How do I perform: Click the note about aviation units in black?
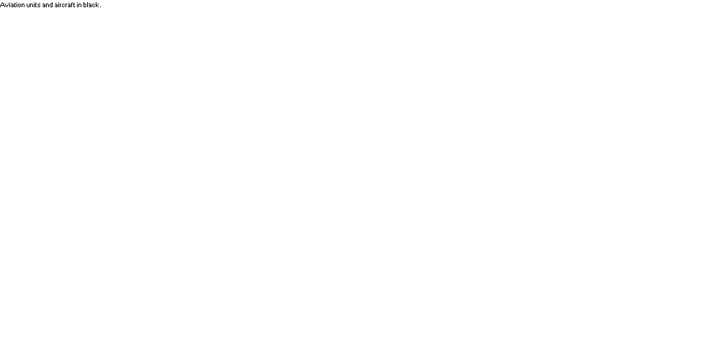[x=50, y=5]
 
